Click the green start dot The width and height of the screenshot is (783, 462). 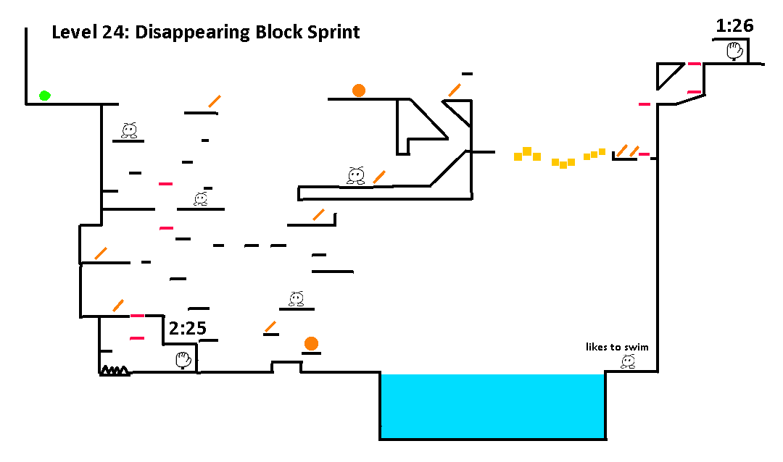point(44,96)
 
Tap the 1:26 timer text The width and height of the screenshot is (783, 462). point(734,25)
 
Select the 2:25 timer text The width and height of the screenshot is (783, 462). point(187,328)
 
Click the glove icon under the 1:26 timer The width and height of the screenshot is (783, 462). point(734,51)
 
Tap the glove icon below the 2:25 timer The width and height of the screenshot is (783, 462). point(183,360)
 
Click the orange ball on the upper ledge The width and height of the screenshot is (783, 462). point(359,91)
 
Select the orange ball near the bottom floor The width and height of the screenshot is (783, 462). point(311,343)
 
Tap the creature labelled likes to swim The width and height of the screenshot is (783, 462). point(628,361)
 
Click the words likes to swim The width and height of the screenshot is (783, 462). point(617,347)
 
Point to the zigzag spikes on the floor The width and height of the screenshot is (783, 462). point(115,370)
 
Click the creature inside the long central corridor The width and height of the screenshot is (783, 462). point(356,176)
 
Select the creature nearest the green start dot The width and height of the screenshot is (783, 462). point(129,130)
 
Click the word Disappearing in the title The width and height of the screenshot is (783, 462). point(193,33)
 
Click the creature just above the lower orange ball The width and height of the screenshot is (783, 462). point(296,299)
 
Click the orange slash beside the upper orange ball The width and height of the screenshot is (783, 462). point(455,91)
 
